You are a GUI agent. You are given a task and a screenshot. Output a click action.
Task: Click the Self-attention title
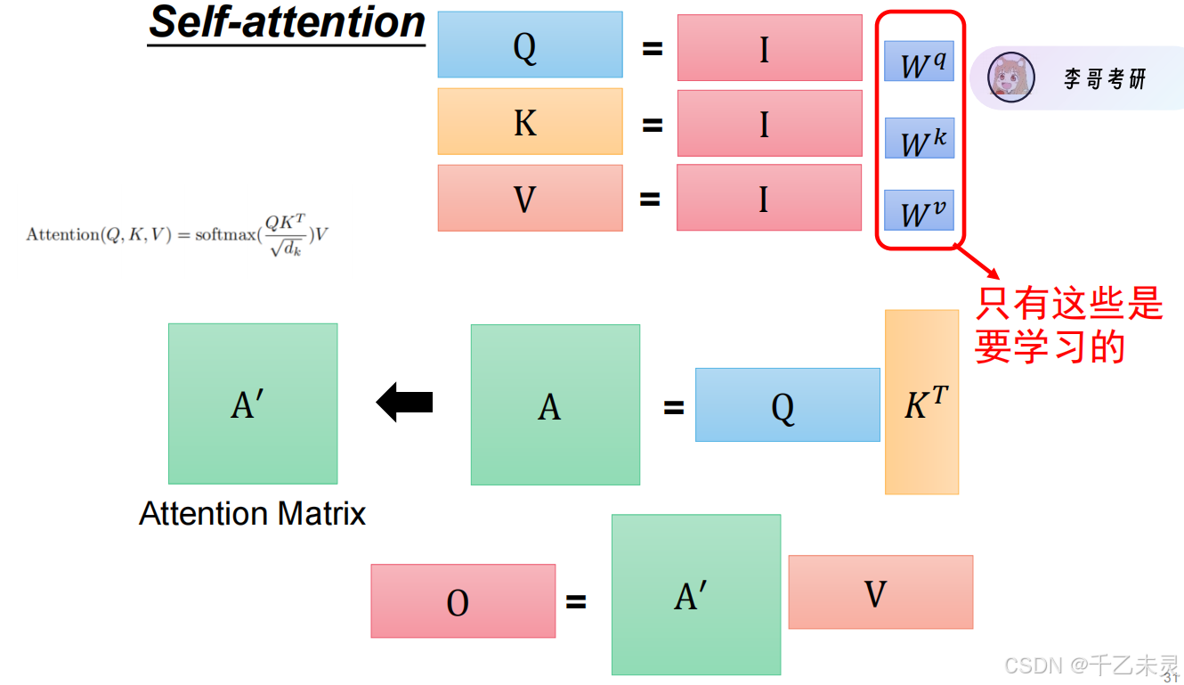(287, 22)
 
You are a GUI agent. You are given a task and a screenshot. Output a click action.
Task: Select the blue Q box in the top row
(530, 45)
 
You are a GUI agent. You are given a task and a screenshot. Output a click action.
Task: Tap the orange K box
(530, 121)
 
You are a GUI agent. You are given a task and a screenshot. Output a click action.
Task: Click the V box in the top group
(530, 198)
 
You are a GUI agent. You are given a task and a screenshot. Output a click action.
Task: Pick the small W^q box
(919, 61)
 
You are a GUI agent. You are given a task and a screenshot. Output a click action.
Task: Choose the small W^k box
(919, 138)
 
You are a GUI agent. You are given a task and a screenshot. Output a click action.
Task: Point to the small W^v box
(919, 209)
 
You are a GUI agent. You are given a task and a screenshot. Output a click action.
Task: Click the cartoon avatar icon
(1011, 77)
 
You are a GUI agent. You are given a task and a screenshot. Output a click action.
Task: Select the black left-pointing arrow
(404, 403)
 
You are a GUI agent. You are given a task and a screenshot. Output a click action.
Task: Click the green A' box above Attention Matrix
(253, 404)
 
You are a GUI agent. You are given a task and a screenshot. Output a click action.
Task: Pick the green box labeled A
(555, 404)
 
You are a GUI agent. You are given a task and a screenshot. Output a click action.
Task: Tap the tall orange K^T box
(921, 402)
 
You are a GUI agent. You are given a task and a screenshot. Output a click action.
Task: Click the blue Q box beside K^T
(787, 405)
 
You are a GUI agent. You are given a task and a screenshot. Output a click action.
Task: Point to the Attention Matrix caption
(253, 514)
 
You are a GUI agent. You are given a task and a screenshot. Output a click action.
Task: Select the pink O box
(463, 600)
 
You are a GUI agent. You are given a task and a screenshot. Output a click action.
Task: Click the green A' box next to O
(695, 594)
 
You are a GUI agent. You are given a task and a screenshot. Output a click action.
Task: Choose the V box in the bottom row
(880, 592)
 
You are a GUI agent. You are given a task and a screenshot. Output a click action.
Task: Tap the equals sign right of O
(576, 602)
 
